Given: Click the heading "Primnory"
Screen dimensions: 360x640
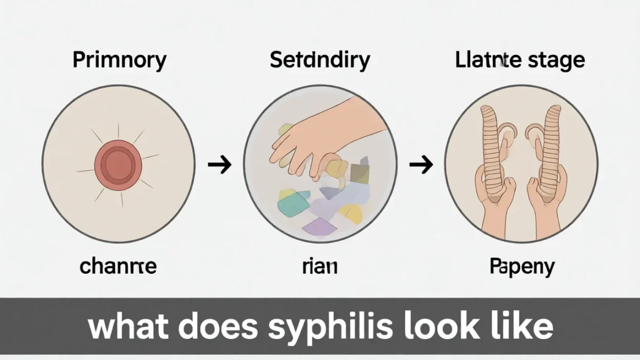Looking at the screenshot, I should [x=119, y=61].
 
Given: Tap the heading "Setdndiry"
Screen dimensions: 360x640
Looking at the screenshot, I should [x=319, y=61].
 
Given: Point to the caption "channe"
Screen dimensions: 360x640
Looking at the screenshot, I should [x=118, y=266].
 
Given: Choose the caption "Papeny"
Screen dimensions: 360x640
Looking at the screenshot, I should [x=522, y=266].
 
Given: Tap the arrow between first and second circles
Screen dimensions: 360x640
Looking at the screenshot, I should [x=219, y=165].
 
